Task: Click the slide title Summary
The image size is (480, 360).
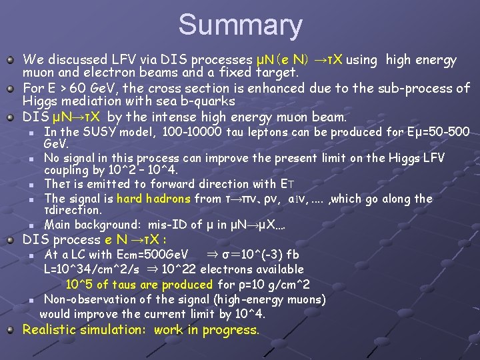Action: [x=240, y=25]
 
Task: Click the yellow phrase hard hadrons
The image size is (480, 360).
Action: [x=155, y=198]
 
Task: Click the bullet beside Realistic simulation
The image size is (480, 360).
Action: [x=11, y=330]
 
